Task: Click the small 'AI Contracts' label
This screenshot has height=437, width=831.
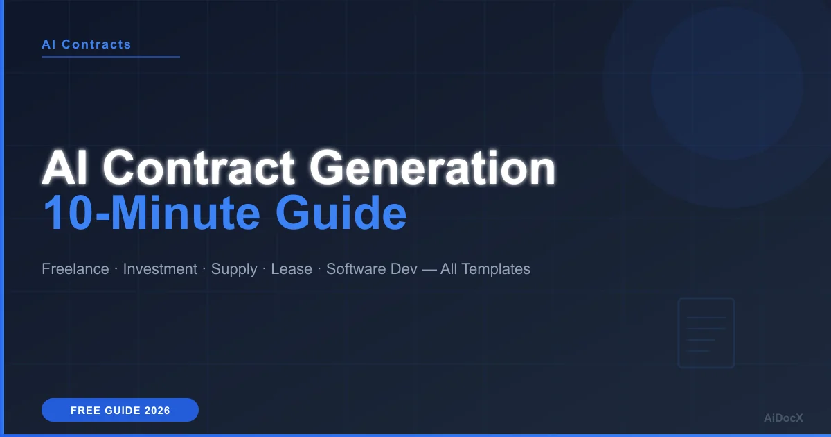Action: click(86, 44)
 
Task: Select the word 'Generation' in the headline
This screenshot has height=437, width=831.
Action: click(432, 169)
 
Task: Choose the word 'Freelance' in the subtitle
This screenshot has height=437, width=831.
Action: click(75, 269)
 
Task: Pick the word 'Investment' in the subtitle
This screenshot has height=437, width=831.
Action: click(160, 269)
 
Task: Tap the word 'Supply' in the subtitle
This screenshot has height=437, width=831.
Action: click(234, 269)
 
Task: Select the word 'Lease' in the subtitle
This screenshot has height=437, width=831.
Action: click(292, 269)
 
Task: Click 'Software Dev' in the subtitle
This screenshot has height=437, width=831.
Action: click(372, 269)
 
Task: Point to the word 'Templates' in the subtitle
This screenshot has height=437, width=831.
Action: click(496, 269)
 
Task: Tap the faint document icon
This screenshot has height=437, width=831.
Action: click(706, 333)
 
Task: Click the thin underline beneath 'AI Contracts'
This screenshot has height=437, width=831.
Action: click(111, 57)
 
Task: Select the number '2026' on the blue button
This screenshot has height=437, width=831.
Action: click(157, 411)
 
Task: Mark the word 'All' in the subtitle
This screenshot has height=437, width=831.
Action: click(449, 269)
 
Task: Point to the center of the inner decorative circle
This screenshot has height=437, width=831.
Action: click(726, 83)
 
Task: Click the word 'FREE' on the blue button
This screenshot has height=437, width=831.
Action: click(84, 411)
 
